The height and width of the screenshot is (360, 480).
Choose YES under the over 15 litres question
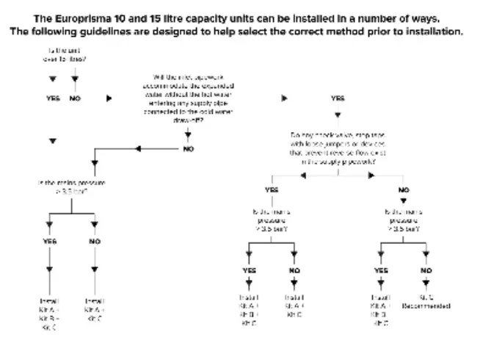(53, 98)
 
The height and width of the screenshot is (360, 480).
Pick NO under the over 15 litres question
(75, 98)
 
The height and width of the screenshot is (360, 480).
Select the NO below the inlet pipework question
(189, 148)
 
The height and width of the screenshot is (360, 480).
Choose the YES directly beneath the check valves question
(272, 190)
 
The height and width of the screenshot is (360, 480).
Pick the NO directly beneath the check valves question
(404, 190)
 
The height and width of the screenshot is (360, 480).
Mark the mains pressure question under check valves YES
(272, 218)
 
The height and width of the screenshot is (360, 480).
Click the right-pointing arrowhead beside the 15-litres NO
(109, 98)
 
